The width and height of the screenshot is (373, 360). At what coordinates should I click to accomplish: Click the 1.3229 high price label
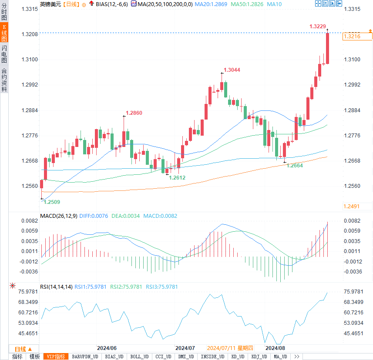point(317,27)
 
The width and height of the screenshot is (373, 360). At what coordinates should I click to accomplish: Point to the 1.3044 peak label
point(232,70)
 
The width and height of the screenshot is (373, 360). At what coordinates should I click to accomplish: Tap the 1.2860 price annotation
point(134,113)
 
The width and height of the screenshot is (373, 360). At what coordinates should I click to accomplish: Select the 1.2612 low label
point(177,177)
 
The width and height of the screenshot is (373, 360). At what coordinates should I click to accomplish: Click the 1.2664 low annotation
point(295,166)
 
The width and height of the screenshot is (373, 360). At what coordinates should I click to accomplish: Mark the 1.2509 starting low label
point(52,202)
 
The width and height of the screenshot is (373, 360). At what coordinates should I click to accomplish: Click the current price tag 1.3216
point(352,37)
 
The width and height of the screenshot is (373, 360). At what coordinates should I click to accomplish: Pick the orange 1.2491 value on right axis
point(351,207)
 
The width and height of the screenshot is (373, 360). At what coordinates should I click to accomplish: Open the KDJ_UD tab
point(259,357)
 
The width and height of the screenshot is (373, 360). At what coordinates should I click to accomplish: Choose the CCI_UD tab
point(163,357)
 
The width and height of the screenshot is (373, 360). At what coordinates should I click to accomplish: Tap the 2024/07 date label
point(185,348)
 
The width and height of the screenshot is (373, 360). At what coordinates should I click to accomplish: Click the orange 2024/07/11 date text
point(230,348)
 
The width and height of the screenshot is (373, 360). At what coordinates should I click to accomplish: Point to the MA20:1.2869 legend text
point(211,4)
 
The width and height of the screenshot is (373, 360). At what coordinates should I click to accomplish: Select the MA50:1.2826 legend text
point(247,4)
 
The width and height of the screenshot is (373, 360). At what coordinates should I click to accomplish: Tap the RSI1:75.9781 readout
point(90,287)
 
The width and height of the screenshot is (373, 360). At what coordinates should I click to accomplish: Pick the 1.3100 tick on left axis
point(29,59)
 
